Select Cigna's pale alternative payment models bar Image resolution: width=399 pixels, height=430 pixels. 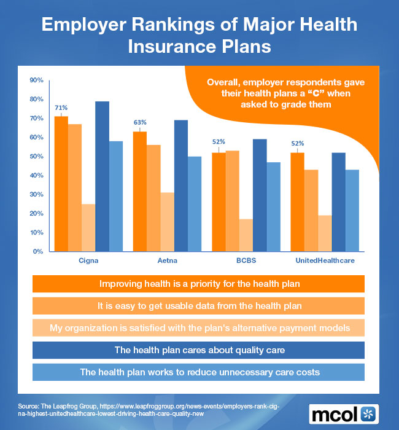click(x=88, y=227)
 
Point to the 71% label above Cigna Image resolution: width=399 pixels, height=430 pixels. click(x=61, y=108)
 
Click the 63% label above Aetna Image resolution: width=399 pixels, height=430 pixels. click(x=140, y=123)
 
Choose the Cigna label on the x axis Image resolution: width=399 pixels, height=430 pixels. click(x=88, y=260)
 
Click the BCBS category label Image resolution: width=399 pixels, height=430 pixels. click(x=246, y=260)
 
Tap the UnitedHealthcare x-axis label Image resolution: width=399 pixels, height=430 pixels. click(x=325, y=260)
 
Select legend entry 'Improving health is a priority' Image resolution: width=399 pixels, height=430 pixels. click(x=200, y=284)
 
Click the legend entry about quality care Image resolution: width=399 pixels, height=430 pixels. click(x=200, y=350)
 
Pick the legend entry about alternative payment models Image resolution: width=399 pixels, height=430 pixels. click(x=200, y=328)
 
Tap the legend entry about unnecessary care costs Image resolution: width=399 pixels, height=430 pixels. click(x=200, y=372)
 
